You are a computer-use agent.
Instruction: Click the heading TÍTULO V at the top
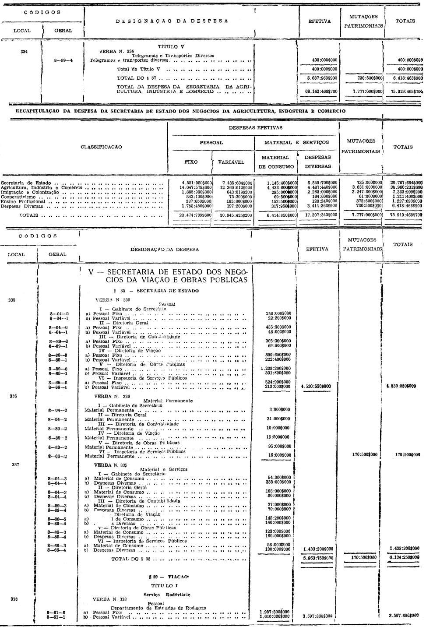(x=170, y=46)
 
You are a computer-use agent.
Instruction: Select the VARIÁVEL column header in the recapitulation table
(x=232, y=162)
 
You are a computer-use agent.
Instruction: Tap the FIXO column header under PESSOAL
(x=191, y=162)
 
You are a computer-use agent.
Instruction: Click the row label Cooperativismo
(x=16, y=197)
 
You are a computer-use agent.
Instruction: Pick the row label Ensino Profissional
(x=20, y=201)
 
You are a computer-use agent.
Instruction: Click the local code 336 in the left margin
(x=12, y=396)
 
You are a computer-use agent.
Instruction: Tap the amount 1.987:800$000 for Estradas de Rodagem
(x=275, y=612)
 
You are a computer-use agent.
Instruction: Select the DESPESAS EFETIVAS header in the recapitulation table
(x=256, y=128)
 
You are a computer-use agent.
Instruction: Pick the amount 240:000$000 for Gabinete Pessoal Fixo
(x=278, y=313)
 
